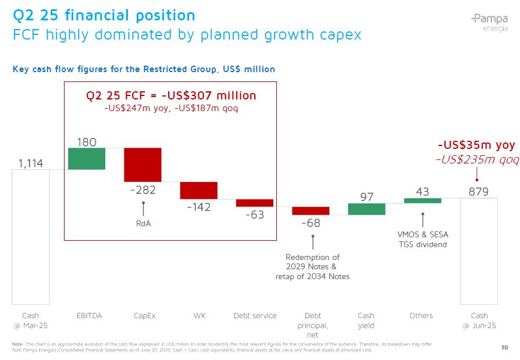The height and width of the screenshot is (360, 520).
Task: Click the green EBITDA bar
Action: click(87, 159)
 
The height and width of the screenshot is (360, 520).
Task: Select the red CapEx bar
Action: click(143, 165)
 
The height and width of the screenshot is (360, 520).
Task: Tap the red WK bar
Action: click(198, 190)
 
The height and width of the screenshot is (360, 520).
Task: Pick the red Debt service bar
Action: click(254, 203)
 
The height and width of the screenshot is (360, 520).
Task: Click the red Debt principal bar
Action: click(311, 211)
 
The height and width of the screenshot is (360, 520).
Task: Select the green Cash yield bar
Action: click(366, 209)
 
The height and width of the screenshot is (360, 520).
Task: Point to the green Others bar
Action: click(422, 201)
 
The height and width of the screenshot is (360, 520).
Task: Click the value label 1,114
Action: click(31, 163)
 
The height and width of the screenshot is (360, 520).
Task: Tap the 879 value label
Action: click(479, 191)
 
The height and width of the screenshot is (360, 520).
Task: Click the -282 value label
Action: click(143, 190)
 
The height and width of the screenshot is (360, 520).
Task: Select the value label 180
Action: click(87, 142)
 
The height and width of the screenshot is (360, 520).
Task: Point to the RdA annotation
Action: click(143, 223)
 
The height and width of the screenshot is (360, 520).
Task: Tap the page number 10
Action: click(504, 348)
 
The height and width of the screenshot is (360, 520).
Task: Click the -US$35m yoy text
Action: click(476, 145)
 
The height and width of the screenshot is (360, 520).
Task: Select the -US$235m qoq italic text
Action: click(477, 159)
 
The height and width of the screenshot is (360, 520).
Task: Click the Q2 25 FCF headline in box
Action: click(171, 95)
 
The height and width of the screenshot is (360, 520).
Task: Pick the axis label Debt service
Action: click(255, 316)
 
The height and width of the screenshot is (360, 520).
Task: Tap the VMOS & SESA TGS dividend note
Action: click(422, 239)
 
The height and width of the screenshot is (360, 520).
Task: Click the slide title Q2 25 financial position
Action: click(104, 15)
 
